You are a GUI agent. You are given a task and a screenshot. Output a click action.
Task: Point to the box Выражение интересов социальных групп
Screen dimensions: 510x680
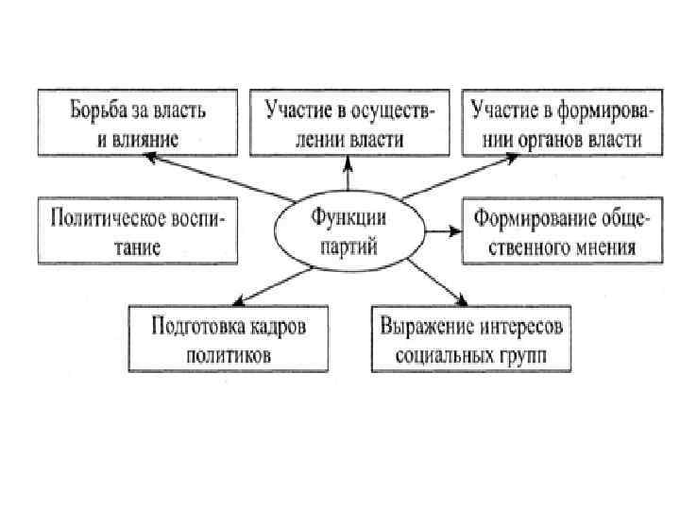(471, 338)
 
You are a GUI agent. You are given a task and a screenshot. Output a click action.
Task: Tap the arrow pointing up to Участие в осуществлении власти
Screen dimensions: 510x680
(348, 174)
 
